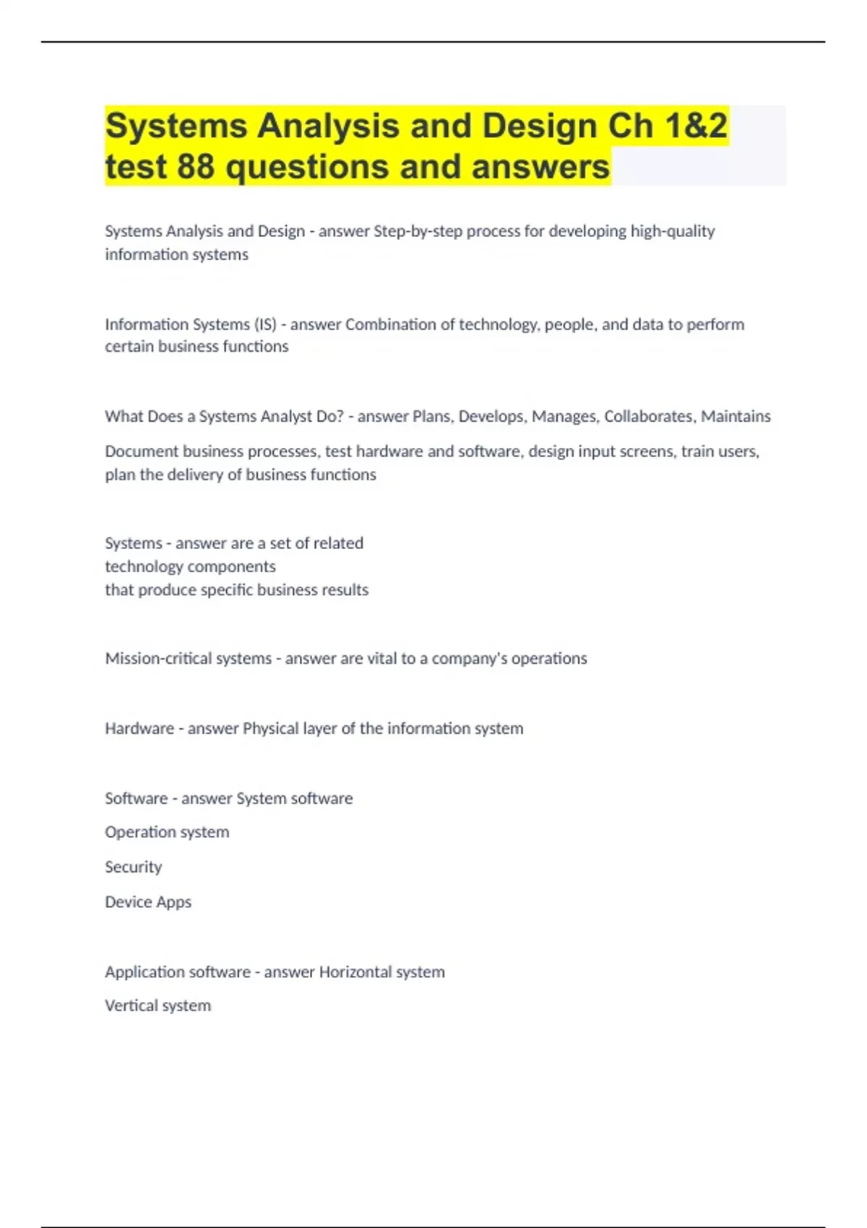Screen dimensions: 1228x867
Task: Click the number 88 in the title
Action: [196, 167]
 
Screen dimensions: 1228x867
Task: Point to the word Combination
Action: [390, 324]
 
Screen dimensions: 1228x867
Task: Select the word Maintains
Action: [736, 416]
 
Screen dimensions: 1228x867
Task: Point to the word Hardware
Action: [139, 729]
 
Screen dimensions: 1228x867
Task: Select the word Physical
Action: [270, 729]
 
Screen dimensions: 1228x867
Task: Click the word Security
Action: [133, 867]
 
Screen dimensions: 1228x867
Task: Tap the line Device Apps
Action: [148, 902]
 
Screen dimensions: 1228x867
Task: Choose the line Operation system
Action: [167, 832]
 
